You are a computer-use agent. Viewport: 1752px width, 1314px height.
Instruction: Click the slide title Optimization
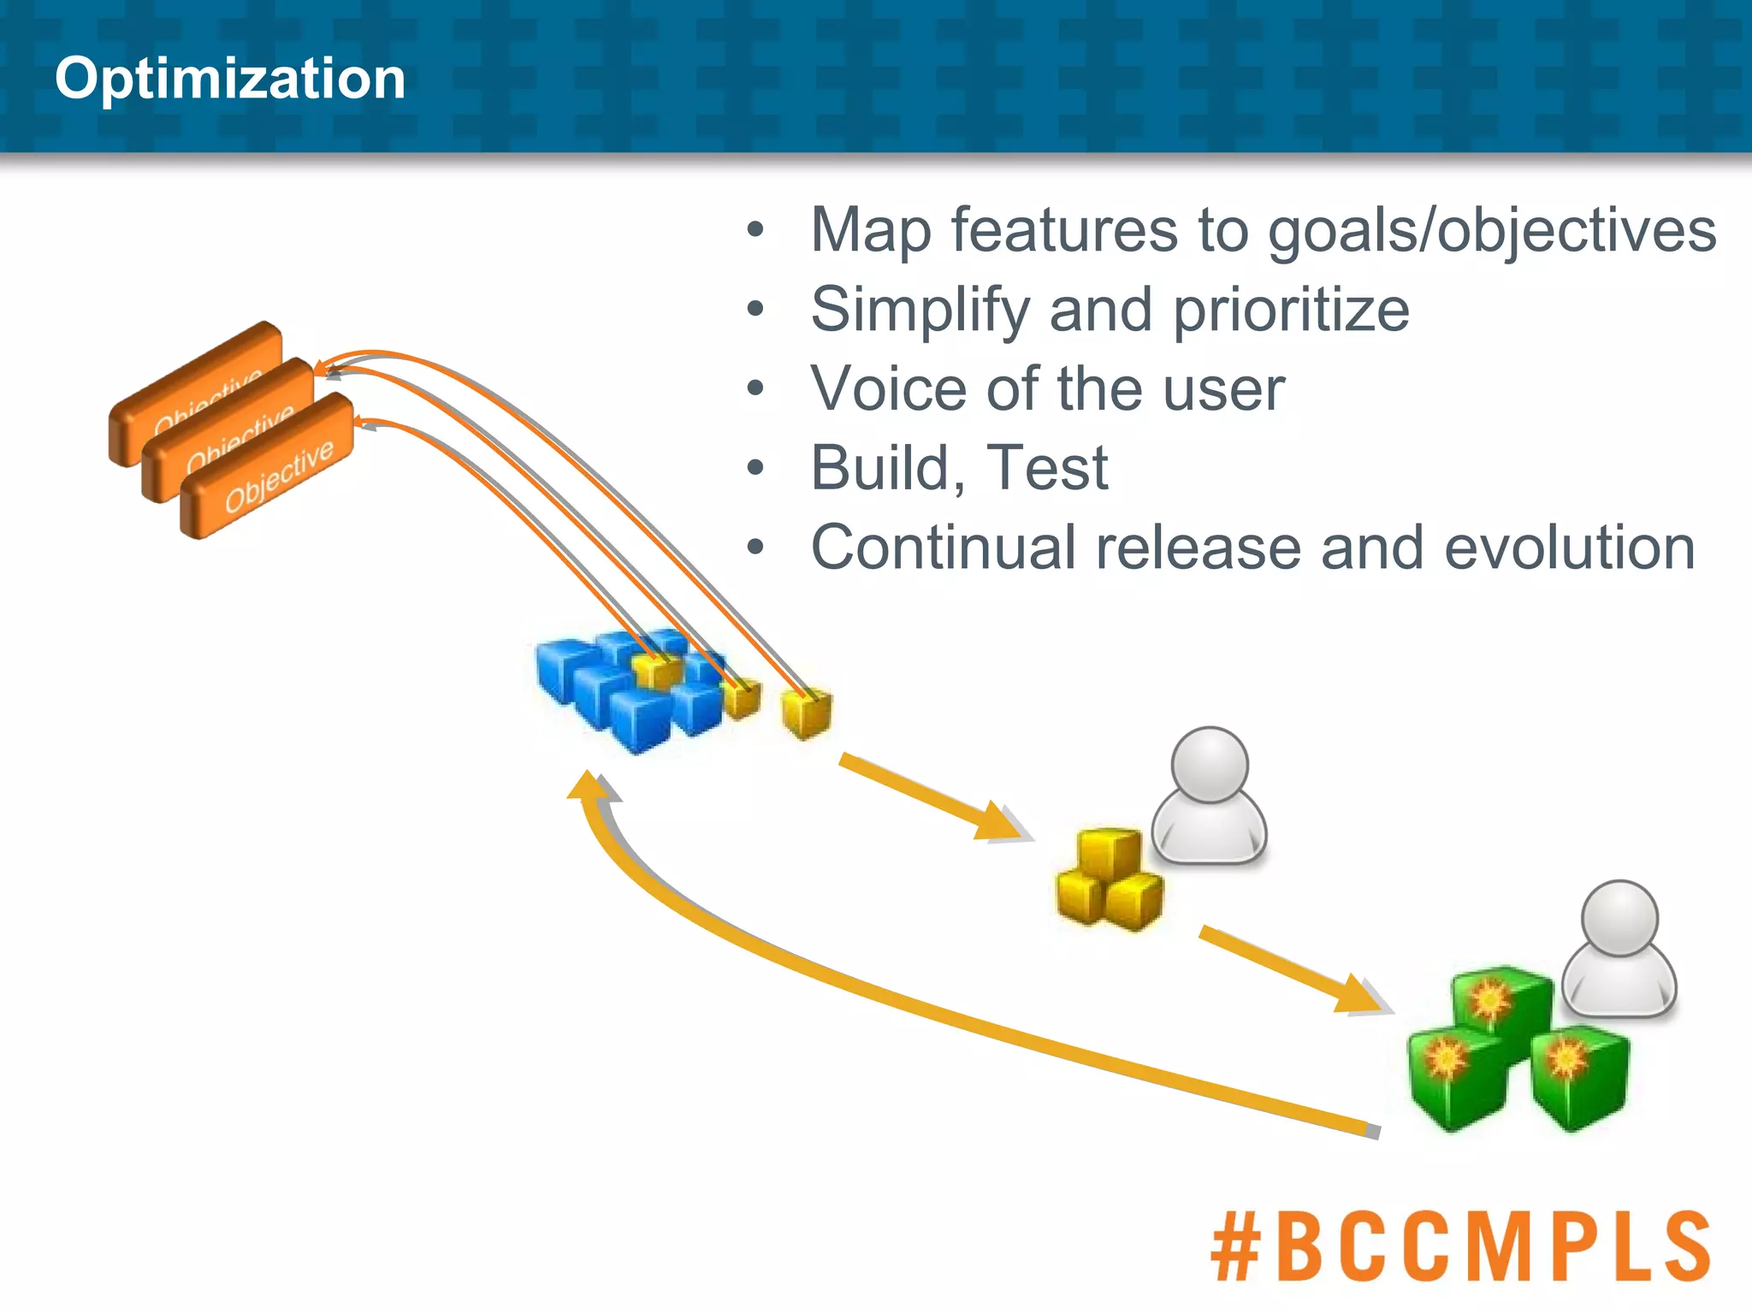(229, 79)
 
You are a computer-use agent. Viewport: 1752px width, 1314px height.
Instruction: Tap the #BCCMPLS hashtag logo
(1460, 1246)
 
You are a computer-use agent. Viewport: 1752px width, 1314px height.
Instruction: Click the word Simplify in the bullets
(920, 310)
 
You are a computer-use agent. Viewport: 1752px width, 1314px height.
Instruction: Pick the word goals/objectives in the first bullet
(1491, 231)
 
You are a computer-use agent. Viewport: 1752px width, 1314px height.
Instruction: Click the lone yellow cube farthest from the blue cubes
(806, 712)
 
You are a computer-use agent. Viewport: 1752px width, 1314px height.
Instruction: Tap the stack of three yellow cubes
(1109, 881)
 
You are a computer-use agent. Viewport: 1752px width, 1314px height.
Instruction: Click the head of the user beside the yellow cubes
(1209, 765)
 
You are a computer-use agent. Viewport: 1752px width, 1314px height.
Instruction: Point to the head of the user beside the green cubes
(1619, 918)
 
